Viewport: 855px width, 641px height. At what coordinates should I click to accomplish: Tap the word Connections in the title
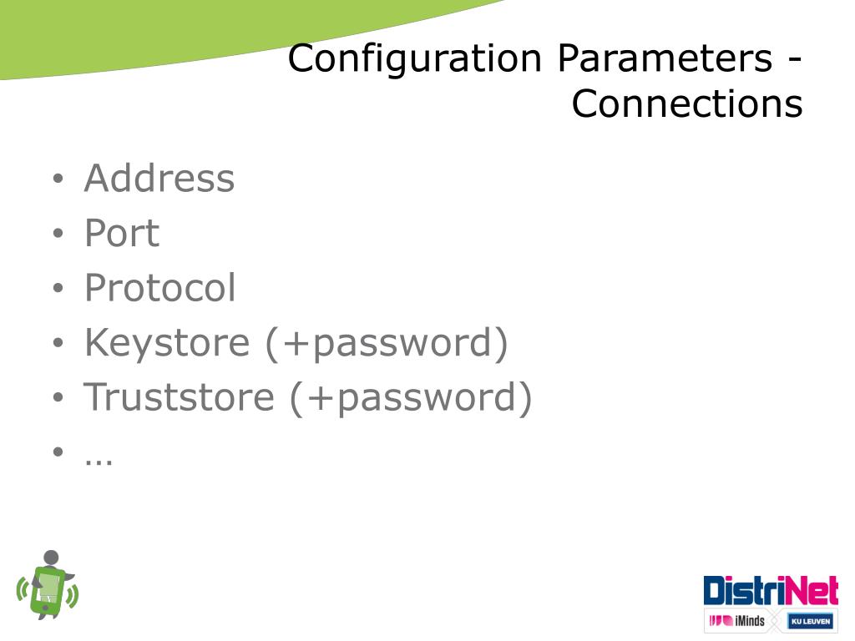686,104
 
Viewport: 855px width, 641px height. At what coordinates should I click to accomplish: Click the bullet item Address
159,179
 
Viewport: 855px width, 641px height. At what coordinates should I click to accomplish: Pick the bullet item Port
121,234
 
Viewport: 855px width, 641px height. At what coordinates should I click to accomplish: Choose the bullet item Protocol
159,289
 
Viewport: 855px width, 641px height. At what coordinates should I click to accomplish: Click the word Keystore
166,344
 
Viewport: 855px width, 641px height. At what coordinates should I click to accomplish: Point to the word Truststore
179,397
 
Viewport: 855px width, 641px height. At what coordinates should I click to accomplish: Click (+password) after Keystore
387,344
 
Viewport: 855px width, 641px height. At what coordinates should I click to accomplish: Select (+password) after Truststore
411,397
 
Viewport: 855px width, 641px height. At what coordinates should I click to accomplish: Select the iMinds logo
736,621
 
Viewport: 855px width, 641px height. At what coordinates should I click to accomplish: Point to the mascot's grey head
52,558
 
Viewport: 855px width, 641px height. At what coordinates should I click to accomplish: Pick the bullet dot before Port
58,235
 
